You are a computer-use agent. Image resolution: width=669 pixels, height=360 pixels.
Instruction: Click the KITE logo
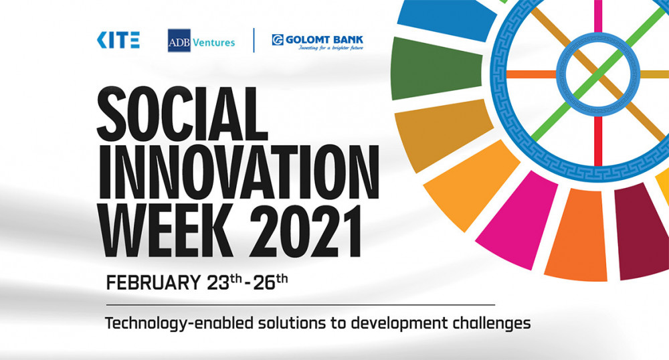coord(118,39)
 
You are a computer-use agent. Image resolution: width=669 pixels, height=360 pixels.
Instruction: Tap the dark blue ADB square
coord(179,41)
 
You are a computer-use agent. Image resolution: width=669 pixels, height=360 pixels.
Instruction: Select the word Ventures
coord(214,42)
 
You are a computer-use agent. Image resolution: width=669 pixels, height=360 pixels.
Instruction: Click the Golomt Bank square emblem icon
coord(278,39)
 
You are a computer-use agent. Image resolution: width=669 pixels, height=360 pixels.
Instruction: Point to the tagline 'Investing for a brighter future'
coord(330,48)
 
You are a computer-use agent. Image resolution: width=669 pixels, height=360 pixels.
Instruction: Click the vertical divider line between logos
coord(254,40)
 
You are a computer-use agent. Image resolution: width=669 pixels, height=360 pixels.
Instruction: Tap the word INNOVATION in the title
coord(239,171)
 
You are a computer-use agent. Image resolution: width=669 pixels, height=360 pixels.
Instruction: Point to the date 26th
coord(270,282)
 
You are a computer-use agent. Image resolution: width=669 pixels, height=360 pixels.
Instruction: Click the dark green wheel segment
coord(436,68)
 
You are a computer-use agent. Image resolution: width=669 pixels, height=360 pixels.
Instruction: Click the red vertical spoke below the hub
coord(598,141)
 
